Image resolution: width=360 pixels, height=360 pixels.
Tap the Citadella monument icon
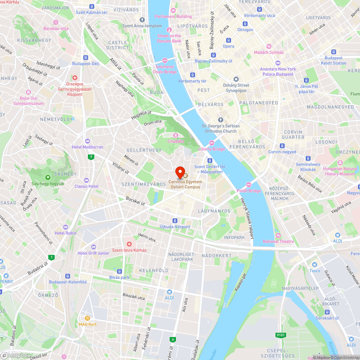click(176, 135)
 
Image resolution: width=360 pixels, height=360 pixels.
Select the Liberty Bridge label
click(211, 149)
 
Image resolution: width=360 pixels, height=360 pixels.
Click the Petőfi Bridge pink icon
click(248, 185)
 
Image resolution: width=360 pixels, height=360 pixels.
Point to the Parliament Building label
click(173, 16)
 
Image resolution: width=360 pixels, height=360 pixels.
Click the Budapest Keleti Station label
click(333, 60)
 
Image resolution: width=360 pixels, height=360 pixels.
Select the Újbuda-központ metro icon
click(175, 220)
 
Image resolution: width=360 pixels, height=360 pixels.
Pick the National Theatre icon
click(278, 235)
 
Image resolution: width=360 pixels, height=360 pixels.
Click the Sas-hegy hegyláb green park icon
click(48, 177)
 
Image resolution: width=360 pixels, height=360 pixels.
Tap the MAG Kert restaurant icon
click(87, 318)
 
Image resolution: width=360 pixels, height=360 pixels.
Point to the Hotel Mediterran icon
click(87, 141)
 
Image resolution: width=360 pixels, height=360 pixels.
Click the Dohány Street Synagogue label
click(236, 88)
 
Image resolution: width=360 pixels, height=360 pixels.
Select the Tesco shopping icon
click(315, 265)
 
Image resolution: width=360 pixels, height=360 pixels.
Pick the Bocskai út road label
click(135, 201)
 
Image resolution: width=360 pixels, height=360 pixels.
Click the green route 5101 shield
click(280, 335)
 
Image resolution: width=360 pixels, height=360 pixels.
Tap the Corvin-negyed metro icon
click(282, 146)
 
